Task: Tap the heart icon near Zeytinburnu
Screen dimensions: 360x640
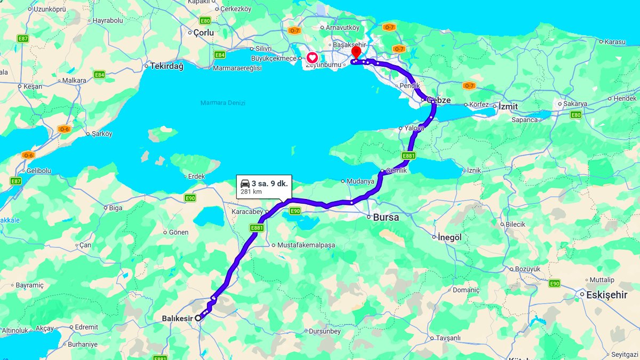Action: pyautogui.click(x=312, y=58)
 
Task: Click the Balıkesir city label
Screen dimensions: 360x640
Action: pyautogui.click(x=177, y=318)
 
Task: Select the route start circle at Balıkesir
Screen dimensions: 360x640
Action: pyautogui.click(x=198, y=317)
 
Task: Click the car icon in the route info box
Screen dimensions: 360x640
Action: pyautogui.click(x=245, y=183)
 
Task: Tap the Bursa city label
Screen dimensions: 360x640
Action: pyautogui.click(x=386, y=218)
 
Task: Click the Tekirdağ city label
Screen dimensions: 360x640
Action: pyautogui.click(x=167, y=66)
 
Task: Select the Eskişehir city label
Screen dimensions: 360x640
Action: pyautogui.click(x=606, y=294)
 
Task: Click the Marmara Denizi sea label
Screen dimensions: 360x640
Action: pyautogui.click(x=223, y=103)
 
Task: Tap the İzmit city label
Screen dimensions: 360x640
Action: pyautogui.click(x=508, y=106)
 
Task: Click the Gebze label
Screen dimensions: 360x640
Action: pyautogui.click(x=439, y=100)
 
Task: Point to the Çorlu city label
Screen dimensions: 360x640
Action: pyautogui.click(x=204, y=33)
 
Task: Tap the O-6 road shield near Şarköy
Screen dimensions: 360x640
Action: pyautogui.click(x=64, y=129)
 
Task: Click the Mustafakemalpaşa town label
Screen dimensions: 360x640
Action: pyautogui.click(x=306, y=245)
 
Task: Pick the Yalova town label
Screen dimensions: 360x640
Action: pyautogui.click(x=414, y=129)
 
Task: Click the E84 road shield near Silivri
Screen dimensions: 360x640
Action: pyautogui.click(x=219, y=54)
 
